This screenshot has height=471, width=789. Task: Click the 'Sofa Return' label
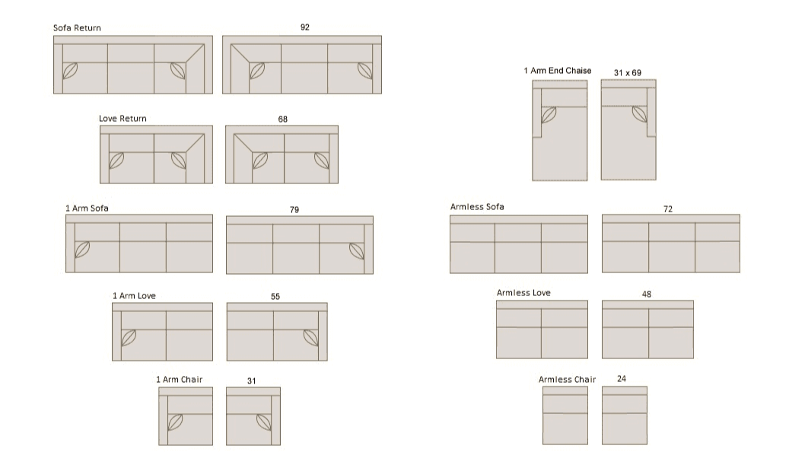point(77,28)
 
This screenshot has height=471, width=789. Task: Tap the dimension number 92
point(305,27)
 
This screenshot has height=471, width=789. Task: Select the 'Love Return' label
point(122,119)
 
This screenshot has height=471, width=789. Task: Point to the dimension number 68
point(283,119)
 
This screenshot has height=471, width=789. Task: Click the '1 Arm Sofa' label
point(87,208)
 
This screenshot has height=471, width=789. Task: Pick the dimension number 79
point(294,209)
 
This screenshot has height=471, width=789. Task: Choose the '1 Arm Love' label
point(134,296)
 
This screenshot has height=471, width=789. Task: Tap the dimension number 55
point(275,297)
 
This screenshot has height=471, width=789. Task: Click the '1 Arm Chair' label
point(179,380)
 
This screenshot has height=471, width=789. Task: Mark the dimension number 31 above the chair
point(252,381)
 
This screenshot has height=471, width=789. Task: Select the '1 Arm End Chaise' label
point(558,71)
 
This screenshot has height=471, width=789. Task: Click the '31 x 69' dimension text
point(628,73)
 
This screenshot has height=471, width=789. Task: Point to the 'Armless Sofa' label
point(477,207)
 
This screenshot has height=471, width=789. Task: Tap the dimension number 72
point(668,208)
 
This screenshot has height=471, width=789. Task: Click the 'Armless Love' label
point(523,293)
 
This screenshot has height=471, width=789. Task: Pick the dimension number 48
point(647,294)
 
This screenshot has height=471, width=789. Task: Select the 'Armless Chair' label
point(567,380)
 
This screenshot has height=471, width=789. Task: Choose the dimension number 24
point(622,378)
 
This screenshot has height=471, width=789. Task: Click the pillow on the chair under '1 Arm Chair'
point(175,422)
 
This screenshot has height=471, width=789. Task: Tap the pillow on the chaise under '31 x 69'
point(640,114)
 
